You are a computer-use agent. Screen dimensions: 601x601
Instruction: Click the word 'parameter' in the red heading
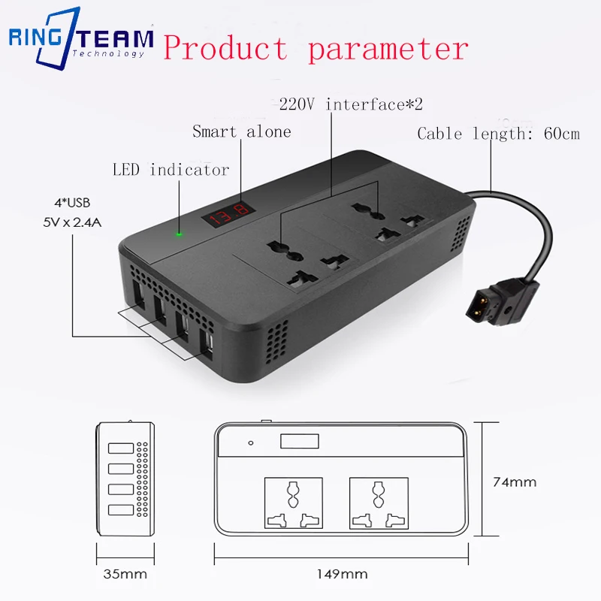388,49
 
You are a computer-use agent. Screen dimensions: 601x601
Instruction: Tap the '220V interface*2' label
356,104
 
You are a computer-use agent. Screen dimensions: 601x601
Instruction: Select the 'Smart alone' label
241,131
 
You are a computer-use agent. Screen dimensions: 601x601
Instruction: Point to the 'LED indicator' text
171,170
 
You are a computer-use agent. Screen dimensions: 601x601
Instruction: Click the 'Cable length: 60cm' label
499,134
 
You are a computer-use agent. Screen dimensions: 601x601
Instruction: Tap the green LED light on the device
179,232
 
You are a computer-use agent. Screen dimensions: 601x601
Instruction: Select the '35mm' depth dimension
125,575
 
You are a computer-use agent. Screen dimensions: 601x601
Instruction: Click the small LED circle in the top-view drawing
250,442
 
